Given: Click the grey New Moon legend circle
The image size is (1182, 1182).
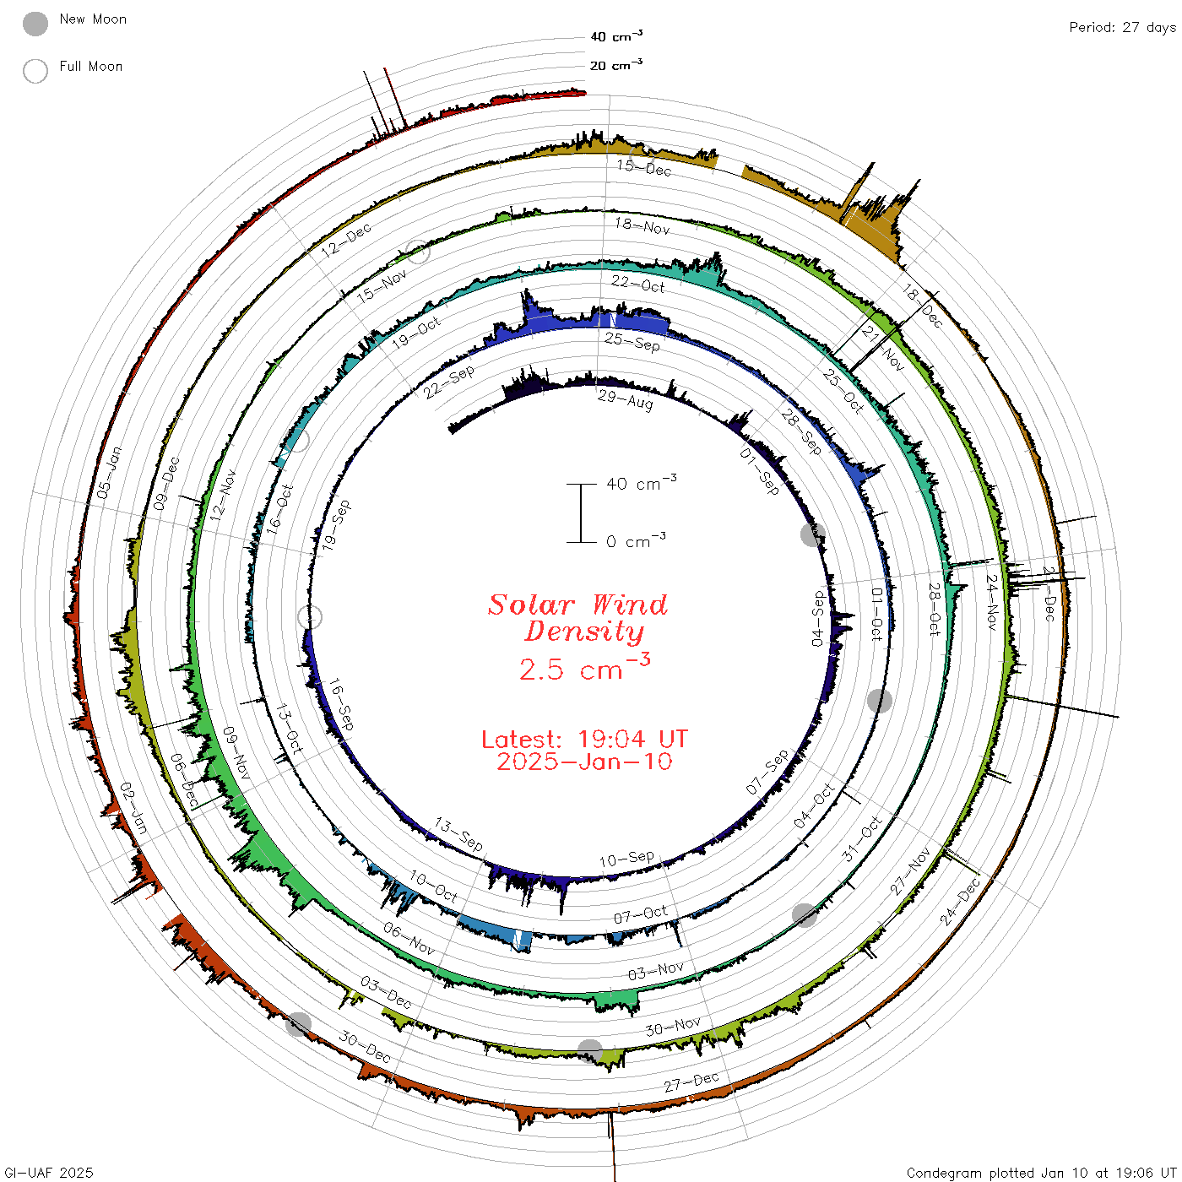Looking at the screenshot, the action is tap(35, 24).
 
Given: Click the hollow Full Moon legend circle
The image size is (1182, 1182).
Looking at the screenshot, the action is tap(35, 71).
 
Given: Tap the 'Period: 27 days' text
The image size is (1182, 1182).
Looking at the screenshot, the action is tap(1122, 28).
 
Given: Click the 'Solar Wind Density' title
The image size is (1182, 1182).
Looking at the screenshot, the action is tap(577, 618).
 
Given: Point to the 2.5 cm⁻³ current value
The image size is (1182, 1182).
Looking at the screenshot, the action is tap(584, 668).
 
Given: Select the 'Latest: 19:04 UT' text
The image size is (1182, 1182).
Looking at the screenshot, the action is tap(584, 739).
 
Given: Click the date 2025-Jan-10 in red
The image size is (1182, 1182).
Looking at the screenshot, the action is tap(584, 762).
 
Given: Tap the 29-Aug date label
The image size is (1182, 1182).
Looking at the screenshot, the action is tap(625, 400).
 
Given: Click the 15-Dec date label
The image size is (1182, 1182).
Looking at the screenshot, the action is tap(644, 167).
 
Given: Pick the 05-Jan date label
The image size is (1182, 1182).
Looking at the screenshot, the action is tap(110, 472).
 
